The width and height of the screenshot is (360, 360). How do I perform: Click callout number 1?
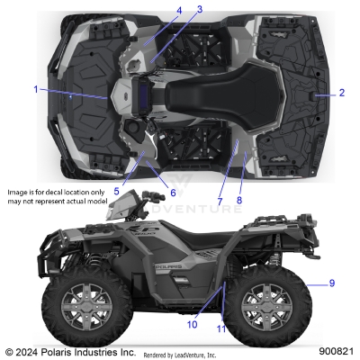[36, 89]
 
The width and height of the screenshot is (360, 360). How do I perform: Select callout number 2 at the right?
[341, 93]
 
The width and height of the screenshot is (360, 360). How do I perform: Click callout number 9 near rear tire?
[332, 283]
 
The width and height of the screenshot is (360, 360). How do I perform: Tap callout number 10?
[192, 324]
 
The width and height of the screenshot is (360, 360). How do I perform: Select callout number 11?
[221, 329]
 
